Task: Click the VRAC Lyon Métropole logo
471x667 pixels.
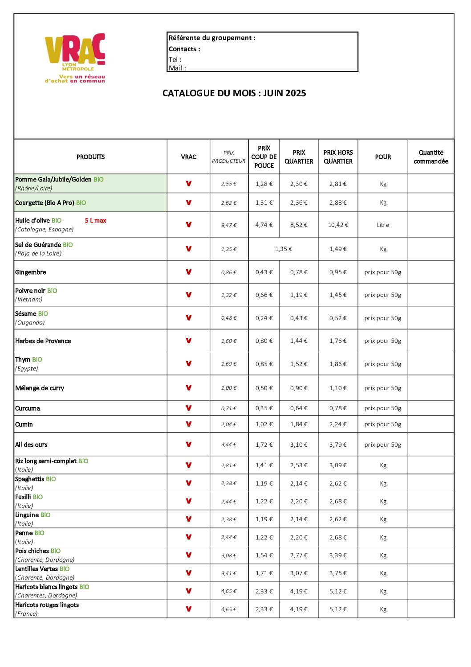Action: [75, 57]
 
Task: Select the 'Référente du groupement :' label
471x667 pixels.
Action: [212, 38]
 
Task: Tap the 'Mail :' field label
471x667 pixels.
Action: [177, 68]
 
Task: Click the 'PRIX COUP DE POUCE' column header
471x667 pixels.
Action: [264, 157]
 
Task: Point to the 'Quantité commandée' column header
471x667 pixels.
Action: [430, 157]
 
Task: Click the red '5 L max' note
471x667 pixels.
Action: [96, 221]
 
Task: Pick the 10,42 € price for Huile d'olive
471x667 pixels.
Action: [338, 225]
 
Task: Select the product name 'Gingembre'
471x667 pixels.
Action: [31, 272]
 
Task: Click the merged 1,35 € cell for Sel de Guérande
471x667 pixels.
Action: [284, 249]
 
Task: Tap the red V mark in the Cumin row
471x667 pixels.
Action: [189, 424]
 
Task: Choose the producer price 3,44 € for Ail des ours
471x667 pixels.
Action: [229, 445]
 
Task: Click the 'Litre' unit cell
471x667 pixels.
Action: [383, 225]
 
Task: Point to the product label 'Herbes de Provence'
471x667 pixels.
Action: [43, 341]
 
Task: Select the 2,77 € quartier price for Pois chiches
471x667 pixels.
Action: [299, 556]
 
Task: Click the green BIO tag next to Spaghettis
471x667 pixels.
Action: [51, 479]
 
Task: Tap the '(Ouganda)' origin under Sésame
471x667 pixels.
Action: [30, 323]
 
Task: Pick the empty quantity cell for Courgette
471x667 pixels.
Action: [430, 203]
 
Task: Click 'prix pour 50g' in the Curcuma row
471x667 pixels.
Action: [383, 408]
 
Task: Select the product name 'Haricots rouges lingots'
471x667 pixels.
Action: [47, 605]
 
